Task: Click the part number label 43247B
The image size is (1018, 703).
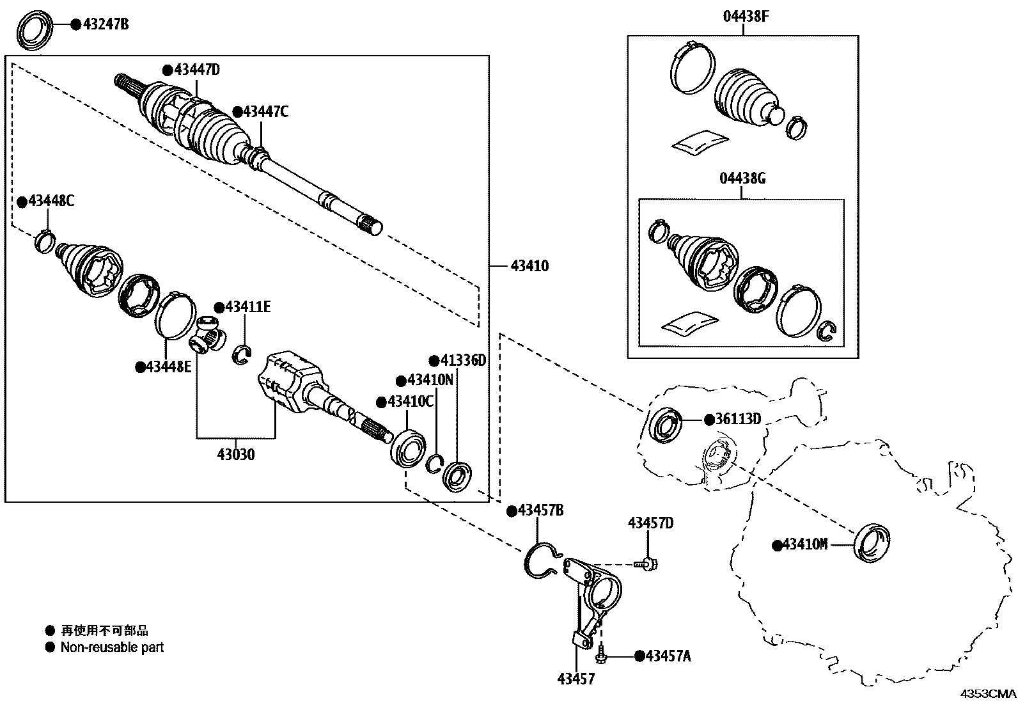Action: coord(106,25)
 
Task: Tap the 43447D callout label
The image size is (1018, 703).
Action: coord(196,70)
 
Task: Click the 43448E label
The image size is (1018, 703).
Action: coord(168,367)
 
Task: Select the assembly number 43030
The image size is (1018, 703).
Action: coord(236,455)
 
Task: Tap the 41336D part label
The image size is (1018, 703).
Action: coord(462,360)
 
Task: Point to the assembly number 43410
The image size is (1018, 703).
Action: coord(530,265)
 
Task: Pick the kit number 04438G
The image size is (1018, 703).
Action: coord(742,178)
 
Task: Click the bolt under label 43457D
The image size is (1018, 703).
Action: coord(646,564)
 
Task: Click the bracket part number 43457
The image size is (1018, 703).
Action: coord(577,679)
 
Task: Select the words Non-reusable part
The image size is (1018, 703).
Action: coord(112,647)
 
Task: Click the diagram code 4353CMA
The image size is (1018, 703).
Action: coord(989,693)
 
